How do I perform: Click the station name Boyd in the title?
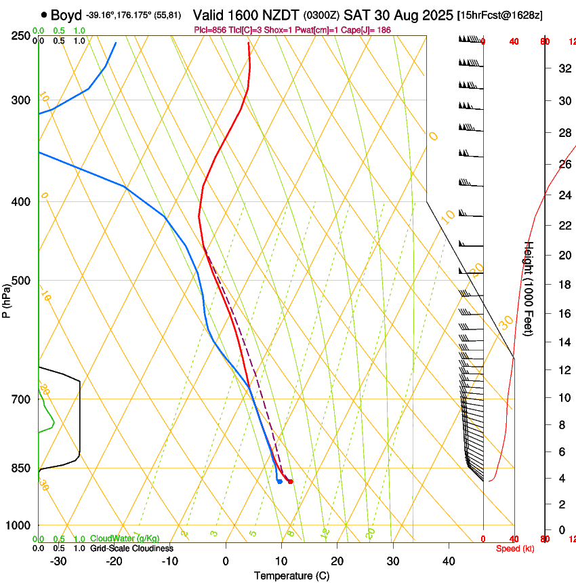coord(66,15)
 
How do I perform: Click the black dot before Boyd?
coord(44,15)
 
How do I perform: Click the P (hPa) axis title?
coord(6,298)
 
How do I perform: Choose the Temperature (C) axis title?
coord(291,576)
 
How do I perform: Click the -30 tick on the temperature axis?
coord(58,561)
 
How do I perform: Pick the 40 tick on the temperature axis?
coord(449,561)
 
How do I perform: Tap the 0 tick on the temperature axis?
coord(226,561)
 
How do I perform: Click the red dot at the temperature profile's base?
coord(290,481)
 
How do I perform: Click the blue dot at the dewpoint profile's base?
coord(279,481)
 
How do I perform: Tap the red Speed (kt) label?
coord(514,548)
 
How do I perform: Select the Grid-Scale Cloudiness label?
coord(131,548)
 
